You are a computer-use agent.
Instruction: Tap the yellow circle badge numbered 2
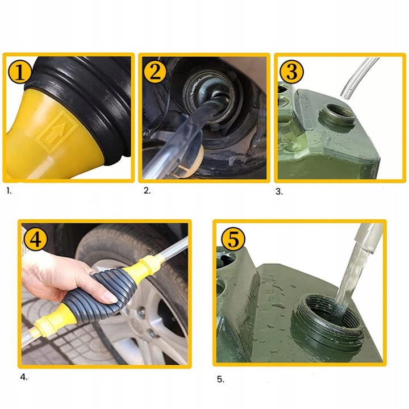click(155, 72)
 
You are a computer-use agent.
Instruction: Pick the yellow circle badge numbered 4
click(35, 239)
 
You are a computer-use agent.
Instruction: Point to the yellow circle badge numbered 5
click(233, 239)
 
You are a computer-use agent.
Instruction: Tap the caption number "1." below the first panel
click(9, 191)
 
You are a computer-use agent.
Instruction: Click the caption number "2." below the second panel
click(147, 191)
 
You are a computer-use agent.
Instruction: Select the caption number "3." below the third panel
click(279, 192)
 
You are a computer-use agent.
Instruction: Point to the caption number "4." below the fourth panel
click(24, 377)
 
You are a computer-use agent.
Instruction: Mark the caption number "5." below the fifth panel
click(220, 379)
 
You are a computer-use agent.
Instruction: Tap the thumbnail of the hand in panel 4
click(110, 298)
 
